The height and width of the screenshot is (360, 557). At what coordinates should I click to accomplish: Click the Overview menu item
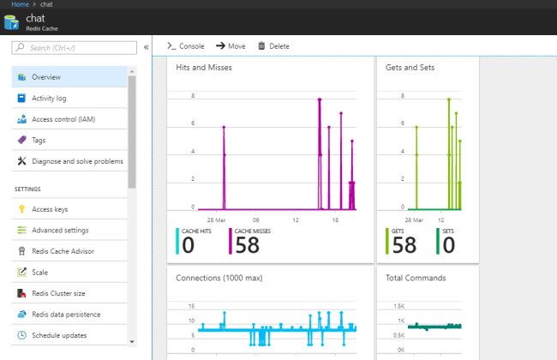coord(46,76)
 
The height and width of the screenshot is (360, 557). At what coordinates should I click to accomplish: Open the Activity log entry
coord(49,98)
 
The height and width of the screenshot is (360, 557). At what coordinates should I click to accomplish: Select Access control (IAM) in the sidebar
coord(63,118)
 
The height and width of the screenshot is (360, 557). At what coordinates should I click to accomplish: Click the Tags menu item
coord(39,140)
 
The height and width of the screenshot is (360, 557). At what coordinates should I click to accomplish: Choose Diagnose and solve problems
coord(77,161)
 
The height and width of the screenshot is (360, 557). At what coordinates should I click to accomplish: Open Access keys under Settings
coord(50,209)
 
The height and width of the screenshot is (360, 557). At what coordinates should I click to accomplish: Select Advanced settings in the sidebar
coord(60,231)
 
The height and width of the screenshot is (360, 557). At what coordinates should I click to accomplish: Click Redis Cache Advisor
coord(63,251)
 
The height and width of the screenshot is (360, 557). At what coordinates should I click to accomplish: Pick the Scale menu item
coord(40,273)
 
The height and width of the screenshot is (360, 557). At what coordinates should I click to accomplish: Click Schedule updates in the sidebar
coord(59,335)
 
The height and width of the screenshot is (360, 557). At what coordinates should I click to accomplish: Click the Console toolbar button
coord(186,46)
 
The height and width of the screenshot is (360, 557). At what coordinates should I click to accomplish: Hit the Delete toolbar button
coord(273,46)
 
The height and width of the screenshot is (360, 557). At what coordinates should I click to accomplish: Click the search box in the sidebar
coord(75,48)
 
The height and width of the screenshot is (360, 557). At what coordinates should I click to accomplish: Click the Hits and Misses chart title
coord(204,67)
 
